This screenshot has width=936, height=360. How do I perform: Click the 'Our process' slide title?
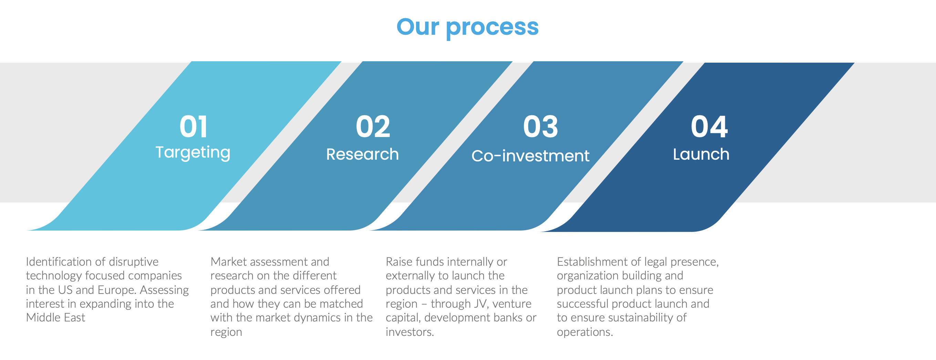tap(467, 27)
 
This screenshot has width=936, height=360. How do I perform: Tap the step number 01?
tap(193, 126)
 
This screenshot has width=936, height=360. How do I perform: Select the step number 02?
tap(373, 126)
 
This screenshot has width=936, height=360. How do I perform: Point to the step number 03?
tap(540, 126)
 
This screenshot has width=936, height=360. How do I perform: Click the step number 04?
tap(709, 126)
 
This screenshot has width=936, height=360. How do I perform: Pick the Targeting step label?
tap(193, 153)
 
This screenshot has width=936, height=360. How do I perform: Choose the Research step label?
tap(362, 155)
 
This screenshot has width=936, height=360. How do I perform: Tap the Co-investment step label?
tap(530, 156)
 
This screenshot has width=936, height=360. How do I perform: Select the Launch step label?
tap(701, 155)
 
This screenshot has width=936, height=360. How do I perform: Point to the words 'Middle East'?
tap(55, 318)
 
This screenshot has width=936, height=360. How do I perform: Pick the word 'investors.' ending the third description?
tap(410, 332)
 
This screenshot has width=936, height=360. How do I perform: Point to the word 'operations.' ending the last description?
tap(585, 332)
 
